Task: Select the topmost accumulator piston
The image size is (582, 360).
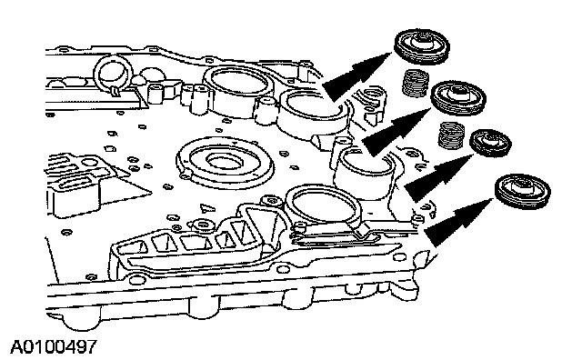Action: pyautogui.click(x=422, y=47)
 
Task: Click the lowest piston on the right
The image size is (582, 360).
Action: pyautogui.click(x=523, y=192)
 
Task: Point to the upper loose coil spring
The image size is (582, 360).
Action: pyautogui.click(x=416, y=83)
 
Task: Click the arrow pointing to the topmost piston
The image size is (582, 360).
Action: pyautogui.click(x=356, y=75)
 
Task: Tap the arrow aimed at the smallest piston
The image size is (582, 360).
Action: pyautogui.click(x=438, y=177)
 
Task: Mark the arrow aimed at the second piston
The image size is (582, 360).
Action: pyautogui.click(x=396, y=130)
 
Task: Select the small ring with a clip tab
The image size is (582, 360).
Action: pyautogui.click(x=113, y=75)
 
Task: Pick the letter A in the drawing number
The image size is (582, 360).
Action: pyautogui.click(x=16, y=346)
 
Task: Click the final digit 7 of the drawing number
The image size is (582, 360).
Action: pyautogui.click(x=92, y=346)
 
